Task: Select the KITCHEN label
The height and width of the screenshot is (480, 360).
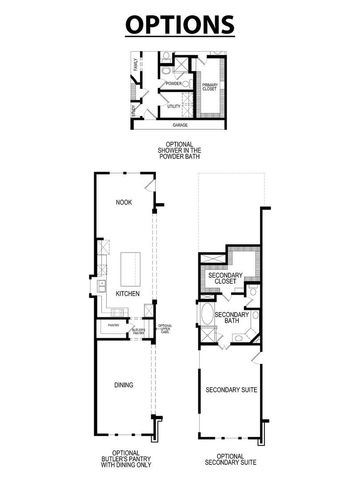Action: click(x=126, y=294)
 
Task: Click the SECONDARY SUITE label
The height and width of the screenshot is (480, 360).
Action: click(x=230, y=389)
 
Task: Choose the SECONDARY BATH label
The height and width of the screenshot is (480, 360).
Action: click(x=231, y=319)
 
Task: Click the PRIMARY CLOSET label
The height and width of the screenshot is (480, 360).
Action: click(x=211, y=87)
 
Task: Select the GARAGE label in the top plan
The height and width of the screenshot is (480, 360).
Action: click(x=180, y=126)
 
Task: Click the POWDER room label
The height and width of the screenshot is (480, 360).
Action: click(x=172, y=83)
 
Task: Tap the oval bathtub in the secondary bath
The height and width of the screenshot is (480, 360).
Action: click(x=207, y=323)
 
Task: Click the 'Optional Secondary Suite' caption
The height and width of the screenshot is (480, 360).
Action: click(x=231, y=459)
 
